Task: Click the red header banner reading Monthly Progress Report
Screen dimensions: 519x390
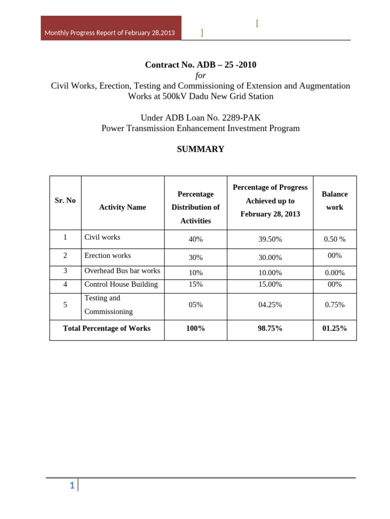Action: click(x=110, y=32)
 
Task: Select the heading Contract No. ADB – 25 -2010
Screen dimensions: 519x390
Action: click(x=201, y=64)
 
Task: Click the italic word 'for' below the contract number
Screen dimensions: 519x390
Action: click(x=201, y=75)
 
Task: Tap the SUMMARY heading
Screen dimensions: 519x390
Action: click(x=200, y=149)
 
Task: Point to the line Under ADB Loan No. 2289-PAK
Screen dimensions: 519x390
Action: click(x=201, y=118)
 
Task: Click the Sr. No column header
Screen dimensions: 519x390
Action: click(x=65, y=201)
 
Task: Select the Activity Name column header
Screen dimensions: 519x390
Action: click(x=122, y=207)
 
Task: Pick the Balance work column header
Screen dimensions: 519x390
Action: click(x=335, y=201)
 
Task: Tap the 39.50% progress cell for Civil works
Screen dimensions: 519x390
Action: click(x=270, y=239)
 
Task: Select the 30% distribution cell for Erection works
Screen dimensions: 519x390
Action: click(x=196, y=257)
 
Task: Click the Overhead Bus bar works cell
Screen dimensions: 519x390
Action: click(x=122, y=271)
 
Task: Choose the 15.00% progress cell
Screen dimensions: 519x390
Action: click(x=270, y=285)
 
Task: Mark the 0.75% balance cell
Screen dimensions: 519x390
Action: click(x=335, y=305)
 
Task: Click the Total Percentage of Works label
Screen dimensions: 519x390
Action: click(x=107, y=328)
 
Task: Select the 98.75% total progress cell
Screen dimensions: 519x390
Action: click(x=270, y=328)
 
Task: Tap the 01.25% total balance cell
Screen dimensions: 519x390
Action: click(x=335, y=328)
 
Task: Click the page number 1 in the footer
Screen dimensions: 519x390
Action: click(x=72, y=486)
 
